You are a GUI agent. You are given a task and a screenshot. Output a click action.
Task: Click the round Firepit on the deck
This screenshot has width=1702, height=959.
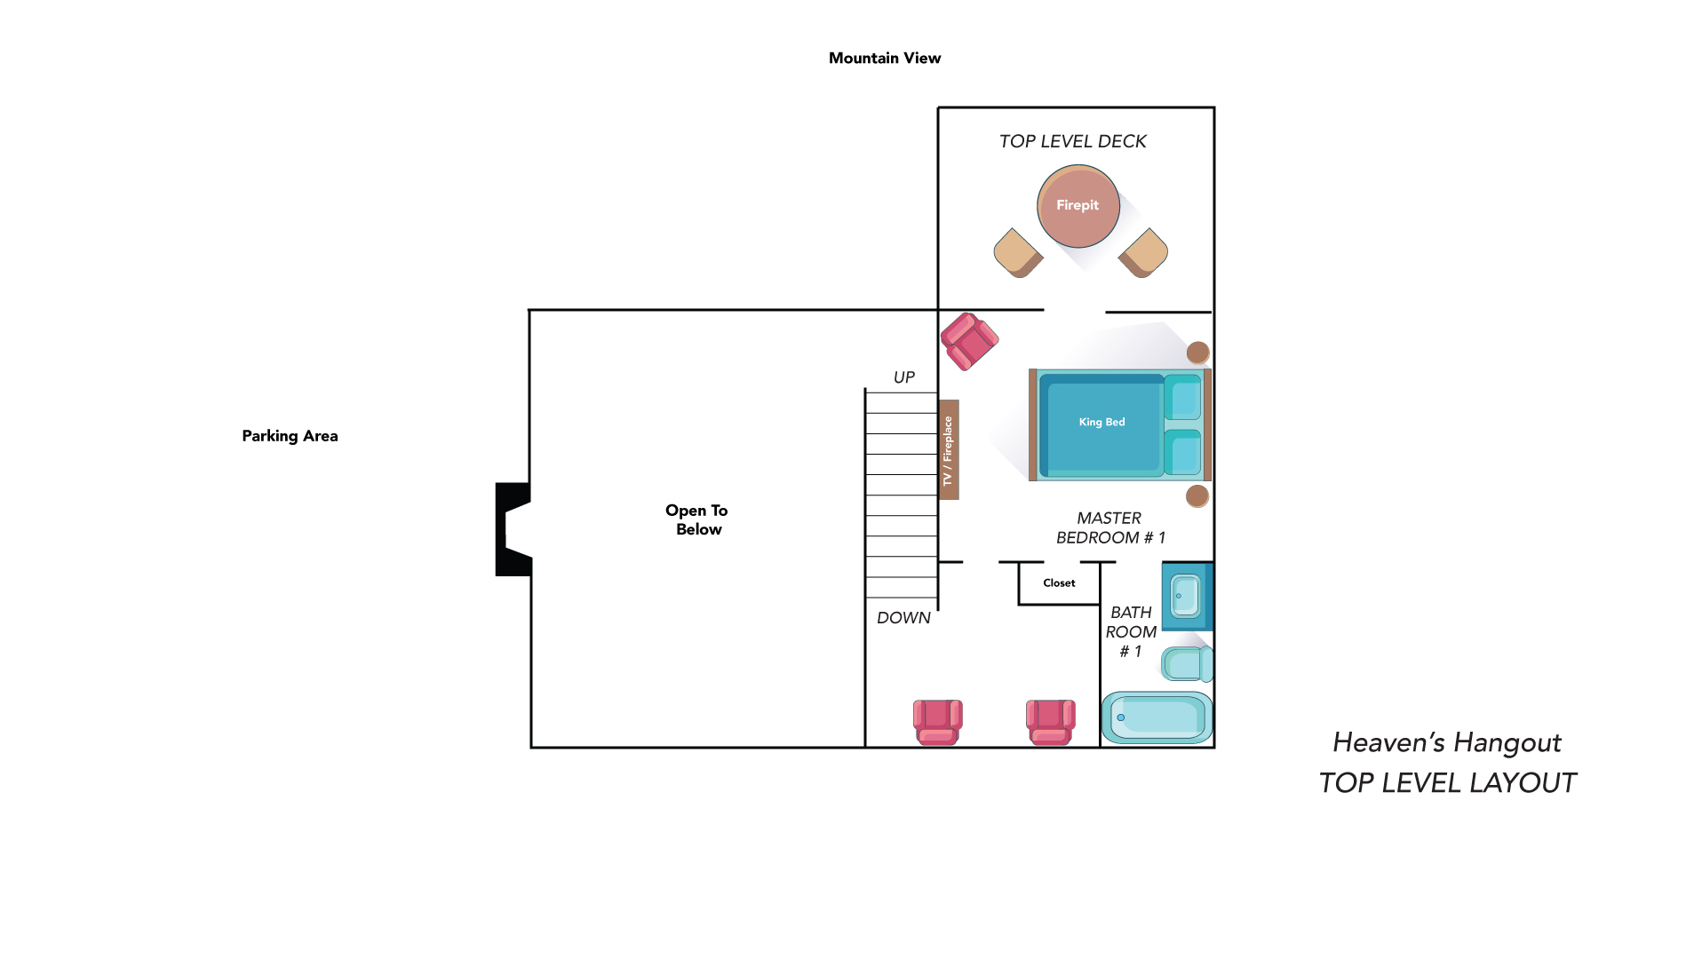(x=1078, y=206)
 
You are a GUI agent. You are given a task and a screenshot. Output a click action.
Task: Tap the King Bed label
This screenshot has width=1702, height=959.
(x=1102, y=422)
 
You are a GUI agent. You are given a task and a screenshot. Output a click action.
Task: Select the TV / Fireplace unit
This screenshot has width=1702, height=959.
(x=948, y=449)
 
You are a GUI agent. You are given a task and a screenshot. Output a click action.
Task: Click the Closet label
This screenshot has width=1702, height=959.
(x=1059, y=583)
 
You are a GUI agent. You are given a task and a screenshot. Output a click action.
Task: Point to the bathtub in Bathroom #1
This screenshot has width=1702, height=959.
(x=1157, y=717)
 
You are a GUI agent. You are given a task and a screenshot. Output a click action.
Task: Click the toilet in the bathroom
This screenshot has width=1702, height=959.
(x=1187, y=663)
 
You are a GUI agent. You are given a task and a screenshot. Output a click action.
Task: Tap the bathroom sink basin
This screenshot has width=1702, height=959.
(x=1185, y=596)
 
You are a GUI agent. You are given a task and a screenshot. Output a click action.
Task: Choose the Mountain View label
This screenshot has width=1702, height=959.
(x=884, y=58)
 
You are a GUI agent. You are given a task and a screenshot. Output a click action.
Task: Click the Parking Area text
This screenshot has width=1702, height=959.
(x=290, y=436)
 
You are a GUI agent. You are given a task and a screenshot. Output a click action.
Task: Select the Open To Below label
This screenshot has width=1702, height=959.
(x=697, y=519)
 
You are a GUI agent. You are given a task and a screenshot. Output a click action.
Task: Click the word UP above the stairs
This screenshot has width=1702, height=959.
(x=903, y=377)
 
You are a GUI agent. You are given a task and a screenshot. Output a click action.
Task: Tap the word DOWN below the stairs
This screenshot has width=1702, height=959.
(x=903, y=618)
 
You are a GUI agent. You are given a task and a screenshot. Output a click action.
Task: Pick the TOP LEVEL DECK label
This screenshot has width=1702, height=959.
(x=1072, y=141)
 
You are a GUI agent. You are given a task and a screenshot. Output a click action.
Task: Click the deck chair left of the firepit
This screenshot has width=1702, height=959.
(x=1018, y=253)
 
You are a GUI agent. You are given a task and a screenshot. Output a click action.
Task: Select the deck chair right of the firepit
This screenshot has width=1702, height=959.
(x=1143, y=253)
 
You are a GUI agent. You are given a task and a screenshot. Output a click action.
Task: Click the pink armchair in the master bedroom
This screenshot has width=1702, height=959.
(x=969, y=341)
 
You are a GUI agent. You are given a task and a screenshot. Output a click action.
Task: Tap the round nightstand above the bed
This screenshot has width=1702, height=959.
(x=1197, y=353)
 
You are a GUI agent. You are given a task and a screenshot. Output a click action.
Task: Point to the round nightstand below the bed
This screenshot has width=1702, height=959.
(x=1197, y=495)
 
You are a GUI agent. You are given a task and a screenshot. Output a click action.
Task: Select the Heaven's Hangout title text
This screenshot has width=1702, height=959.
(x=1446, y=742)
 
